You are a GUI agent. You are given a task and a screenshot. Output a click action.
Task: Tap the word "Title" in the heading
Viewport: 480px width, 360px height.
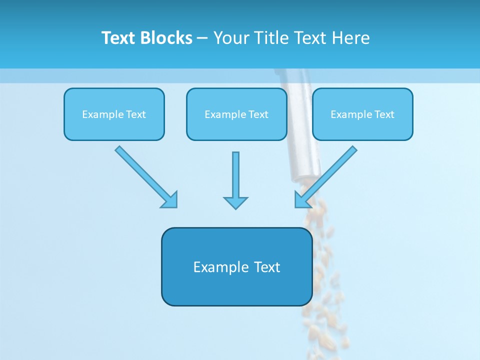(271, 38)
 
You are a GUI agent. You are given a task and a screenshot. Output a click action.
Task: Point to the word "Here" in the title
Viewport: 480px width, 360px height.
(351, 38)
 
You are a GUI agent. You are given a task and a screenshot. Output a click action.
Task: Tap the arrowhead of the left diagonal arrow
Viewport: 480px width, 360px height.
(169, 200)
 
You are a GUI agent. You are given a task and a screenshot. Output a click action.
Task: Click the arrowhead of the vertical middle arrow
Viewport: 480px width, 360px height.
(235, 202)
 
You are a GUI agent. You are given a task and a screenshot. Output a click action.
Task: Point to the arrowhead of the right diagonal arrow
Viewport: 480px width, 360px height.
(302, 200)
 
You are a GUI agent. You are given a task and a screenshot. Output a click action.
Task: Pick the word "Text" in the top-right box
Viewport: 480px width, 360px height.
(384, 114)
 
